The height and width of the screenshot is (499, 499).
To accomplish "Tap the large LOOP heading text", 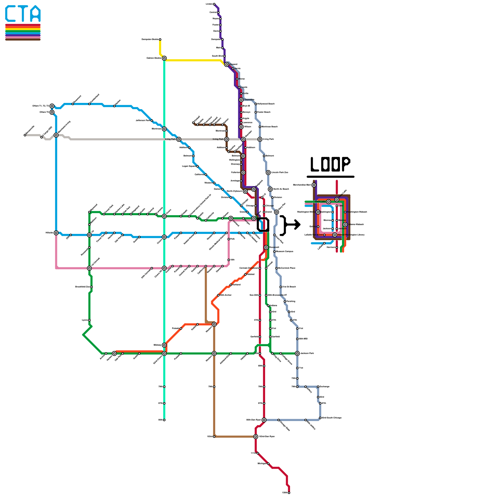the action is (x=330, y=164).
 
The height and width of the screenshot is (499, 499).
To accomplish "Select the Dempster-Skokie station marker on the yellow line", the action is (x=160, y=40).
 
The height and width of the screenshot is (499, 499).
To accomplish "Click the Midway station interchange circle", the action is (x=164, y=345).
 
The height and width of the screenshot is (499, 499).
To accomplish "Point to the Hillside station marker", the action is (x=56, y=233).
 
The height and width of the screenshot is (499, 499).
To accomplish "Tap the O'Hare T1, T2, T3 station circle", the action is (x=52, y=106).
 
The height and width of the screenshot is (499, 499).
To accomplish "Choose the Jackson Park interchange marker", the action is (x=297, y=353).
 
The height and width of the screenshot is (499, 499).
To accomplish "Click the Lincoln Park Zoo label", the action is (x=280, y=172).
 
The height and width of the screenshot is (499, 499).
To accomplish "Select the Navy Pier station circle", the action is (x=276, y=212).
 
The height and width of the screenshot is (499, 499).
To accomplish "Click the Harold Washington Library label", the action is (x=351, y=235).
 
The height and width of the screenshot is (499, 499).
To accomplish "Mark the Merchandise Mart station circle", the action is (x=314, y=185).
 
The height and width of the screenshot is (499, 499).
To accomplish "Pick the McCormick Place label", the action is (x=286, y=268).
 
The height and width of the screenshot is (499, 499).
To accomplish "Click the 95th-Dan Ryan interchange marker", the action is (x=264, y=420).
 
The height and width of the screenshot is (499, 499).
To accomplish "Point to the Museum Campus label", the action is (x=284, y=251).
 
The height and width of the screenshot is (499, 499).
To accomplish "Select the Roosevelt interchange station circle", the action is (x=266, y=247).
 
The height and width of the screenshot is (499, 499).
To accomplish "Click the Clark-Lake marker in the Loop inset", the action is (x=328, y=202).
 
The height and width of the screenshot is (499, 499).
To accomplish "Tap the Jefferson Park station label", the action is (x=143, y=120).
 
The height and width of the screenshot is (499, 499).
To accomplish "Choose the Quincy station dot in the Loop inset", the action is (x=318, y=227).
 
